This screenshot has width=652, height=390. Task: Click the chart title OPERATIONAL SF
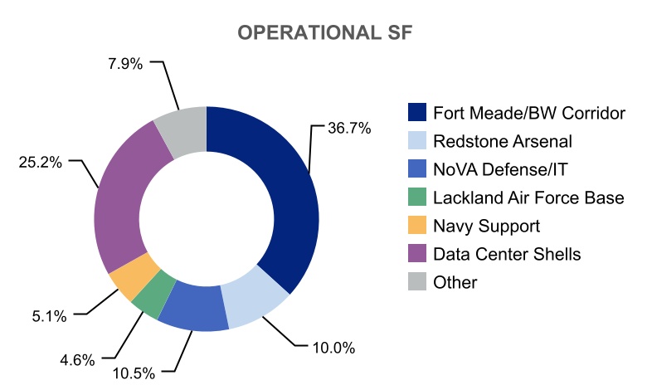pyautogui.click(x=325, y=32)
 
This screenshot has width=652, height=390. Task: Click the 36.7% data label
pyautogui.click(x=348, y=129)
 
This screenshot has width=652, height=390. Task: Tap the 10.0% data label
pyautogui.click(x=333, y=348)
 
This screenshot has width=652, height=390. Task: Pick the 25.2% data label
pyautogui.click(x=40, y=162)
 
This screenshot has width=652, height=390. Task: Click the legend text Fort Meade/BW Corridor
pyautogui.click(x=528, y=113)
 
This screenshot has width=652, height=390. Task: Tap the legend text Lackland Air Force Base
pyautogui.click(x=528, y=197)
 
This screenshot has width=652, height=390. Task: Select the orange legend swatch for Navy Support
pyautogui.click(x=417, y=226)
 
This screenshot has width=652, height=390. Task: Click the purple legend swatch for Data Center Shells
pyautogui.click(x=417, y=254)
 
